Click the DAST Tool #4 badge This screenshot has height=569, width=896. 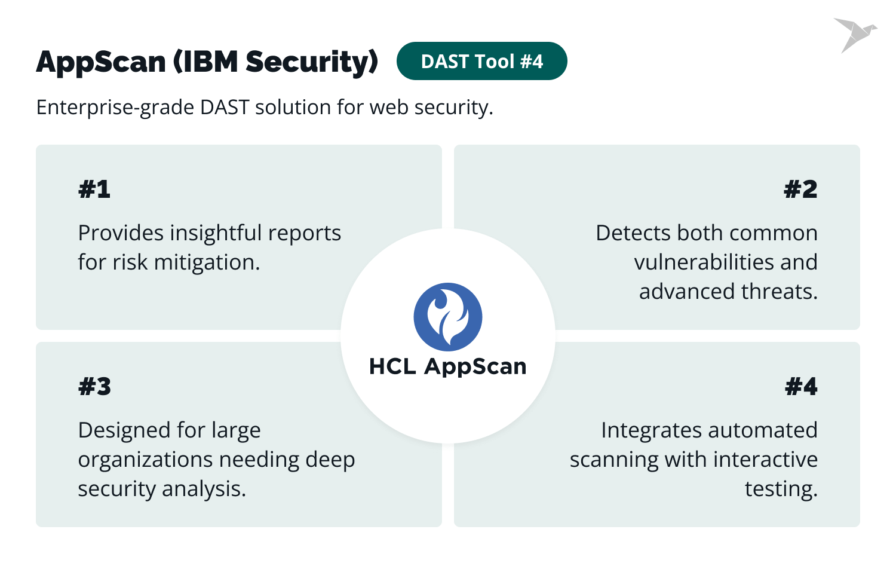(481, 62)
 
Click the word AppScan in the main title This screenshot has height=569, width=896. (100, 62)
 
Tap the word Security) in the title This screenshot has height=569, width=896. (312, 62)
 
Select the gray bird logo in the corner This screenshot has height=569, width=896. (854, 34)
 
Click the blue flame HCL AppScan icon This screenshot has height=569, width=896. (448, 317)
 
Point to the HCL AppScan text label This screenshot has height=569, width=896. (448, 366)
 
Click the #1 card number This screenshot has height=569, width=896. (94, 189)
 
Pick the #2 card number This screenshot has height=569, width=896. (800, 189)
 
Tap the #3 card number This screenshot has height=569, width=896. (94, 387)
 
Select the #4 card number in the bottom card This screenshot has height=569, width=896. (801, 387)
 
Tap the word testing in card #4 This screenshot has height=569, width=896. (780, 489)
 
